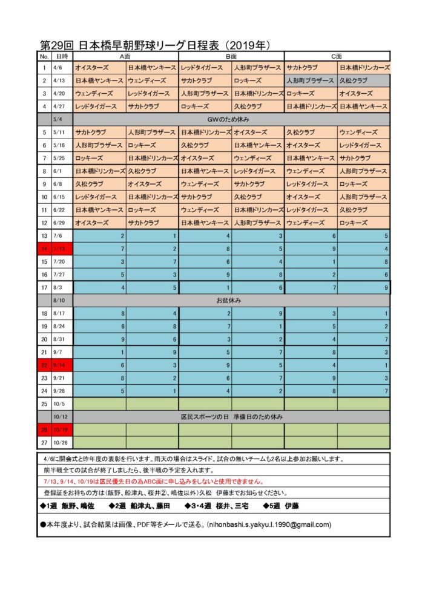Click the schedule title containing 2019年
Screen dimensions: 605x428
[x=154, y=45]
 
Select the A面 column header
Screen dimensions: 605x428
[x=126, y=56]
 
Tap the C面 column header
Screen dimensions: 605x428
[x=337, y=56]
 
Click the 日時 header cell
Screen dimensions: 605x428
[x=62, y=56]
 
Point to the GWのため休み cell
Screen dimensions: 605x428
[x=232, y=119]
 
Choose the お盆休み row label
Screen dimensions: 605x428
[x=232, y=300]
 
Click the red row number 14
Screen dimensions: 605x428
[x=44, y=249]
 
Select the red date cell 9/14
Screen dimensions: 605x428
[x=62, y=365]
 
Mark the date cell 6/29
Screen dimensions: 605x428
[x=62, y=223]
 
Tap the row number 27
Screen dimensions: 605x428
[x=44, y=443]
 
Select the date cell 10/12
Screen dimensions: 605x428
[x=62, y=417]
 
